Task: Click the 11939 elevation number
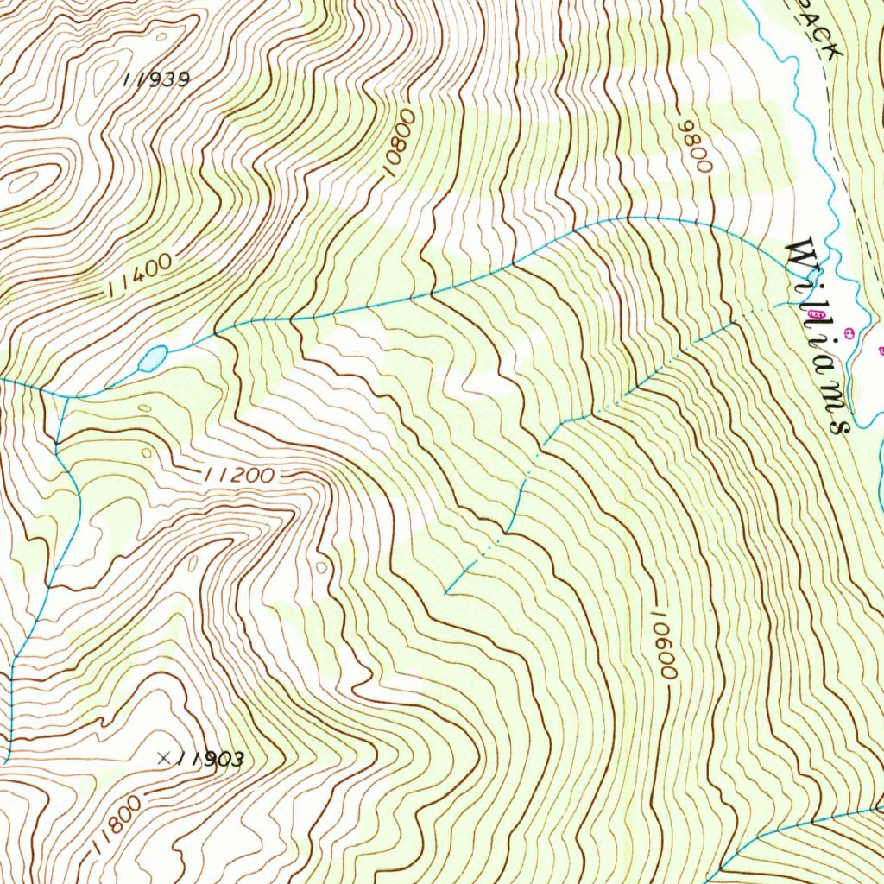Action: [x=156, y=79]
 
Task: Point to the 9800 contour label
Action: [x=696, y=146]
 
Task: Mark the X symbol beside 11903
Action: [x=164, y=758]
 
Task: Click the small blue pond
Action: [x=154, y=357]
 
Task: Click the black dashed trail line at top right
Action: [x=842, y=155]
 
